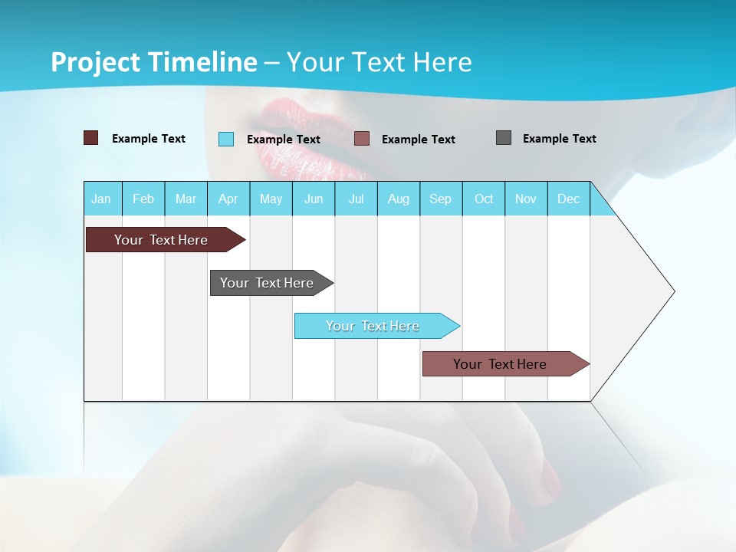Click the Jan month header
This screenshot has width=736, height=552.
(102, 199)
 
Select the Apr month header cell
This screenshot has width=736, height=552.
(228, 199)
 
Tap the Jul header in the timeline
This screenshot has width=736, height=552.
(356, 199)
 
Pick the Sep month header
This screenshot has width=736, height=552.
(441, 199)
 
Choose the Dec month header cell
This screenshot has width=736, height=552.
(568, 199)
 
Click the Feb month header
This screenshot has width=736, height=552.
(143, 199)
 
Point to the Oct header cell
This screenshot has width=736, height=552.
(484, 199)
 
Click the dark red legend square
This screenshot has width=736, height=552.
(91, 138)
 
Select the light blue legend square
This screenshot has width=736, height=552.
(226, 139)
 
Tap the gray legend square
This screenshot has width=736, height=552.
(504, 138)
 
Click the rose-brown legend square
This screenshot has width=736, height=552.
(362, 139)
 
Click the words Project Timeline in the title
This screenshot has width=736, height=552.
(153, 62)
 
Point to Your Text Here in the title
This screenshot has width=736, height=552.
(379, 62)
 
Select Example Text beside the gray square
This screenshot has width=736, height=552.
(559, 139)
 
